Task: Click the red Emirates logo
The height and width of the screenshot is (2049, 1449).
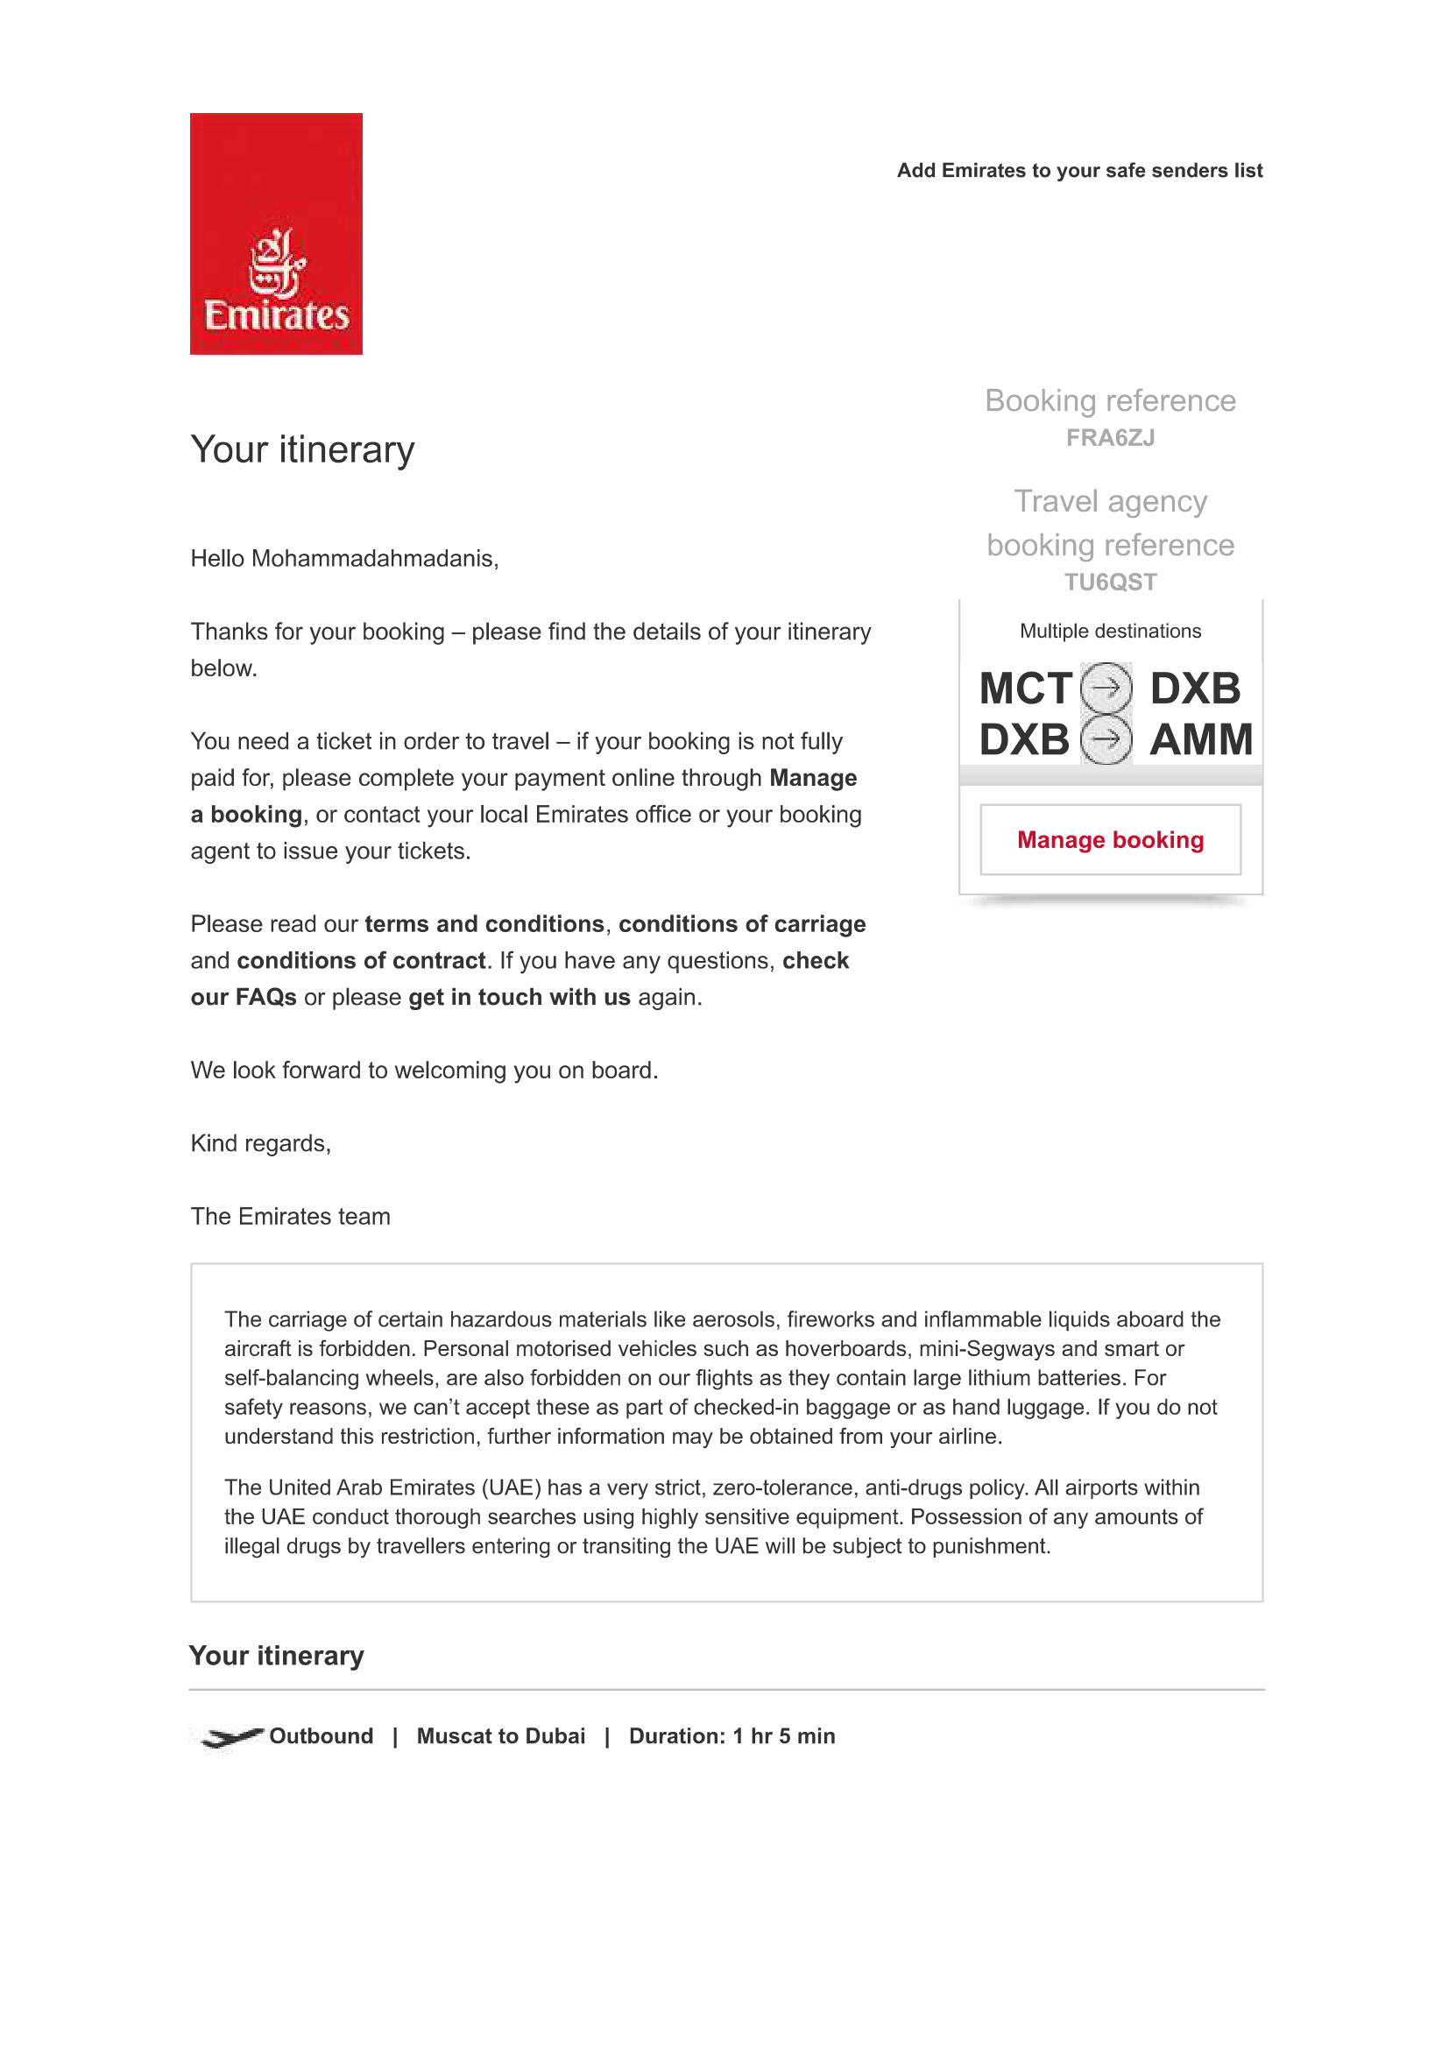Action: [276, 234]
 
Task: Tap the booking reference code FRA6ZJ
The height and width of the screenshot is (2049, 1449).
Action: [1110, 438]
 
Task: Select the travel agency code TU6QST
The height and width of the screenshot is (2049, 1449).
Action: [1110, 582]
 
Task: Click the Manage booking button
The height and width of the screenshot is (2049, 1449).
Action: [1110, 840]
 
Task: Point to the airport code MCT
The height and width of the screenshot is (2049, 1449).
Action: [1025, 689]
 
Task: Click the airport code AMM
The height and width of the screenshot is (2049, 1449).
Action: [1201, 740]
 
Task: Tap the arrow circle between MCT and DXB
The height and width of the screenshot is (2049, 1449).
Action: [1106, 688]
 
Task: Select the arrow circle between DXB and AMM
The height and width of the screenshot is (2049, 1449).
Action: [1106, 740]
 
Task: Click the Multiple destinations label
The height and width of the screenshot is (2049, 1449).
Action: [1110, 631]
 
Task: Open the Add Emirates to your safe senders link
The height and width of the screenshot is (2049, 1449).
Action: [1079, 171]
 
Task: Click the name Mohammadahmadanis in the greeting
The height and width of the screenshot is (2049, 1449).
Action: [373, 559]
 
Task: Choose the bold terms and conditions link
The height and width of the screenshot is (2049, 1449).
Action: [484, 923]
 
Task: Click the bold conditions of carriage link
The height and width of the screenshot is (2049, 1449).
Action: [741, 923]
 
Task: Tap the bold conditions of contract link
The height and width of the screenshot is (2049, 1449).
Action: [361, 960]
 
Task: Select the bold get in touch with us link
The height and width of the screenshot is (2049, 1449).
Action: [520, 997]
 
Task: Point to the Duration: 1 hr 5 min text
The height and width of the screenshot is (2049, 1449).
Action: [732, 1735]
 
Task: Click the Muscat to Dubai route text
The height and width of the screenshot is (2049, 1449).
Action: [500, 1735]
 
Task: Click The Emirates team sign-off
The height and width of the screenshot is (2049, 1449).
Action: [290, 1217]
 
